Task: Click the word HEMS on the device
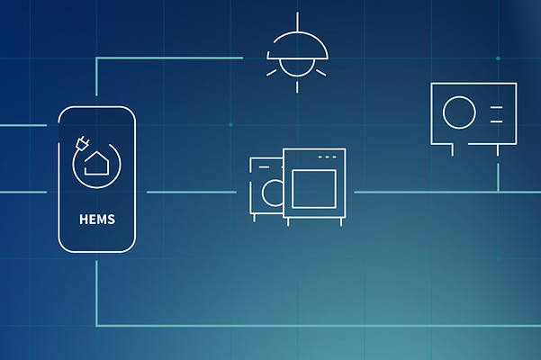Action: click(x=97, y=220)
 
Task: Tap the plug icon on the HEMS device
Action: click(x=82, y=143)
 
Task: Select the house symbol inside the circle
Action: click(x=96, y=163)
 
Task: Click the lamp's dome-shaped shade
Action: click(x=297, y=45)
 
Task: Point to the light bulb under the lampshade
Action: click(x=297, y=67)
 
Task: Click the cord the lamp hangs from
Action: click(x=297, y=22)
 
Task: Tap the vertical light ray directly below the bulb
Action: click(x=297, y=87)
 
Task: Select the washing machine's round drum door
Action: click(x=274, y=193)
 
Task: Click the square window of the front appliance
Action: click(x=314, y=189)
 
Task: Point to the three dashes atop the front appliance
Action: click(x=327, y=157)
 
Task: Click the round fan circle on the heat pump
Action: click(x=459, y=112)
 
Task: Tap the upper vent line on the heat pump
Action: click(x=497, y=108)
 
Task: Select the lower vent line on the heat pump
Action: click(x=497, y=121)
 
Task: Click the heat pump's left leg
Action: click(x=453, y=149)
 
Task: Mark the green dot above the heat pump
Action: click(x=498, y=58)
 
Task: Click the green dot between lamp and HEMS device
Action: click(x=230, y=124)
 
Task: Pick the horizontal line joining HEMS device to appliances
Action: click(x=192, y=192)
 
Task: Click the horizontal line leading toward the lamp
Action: click(x=169, y=58)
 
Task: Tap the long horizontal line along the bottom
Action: click(x=319, y=325)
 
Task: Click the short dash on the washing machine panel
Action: click(x=264, y=166)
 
